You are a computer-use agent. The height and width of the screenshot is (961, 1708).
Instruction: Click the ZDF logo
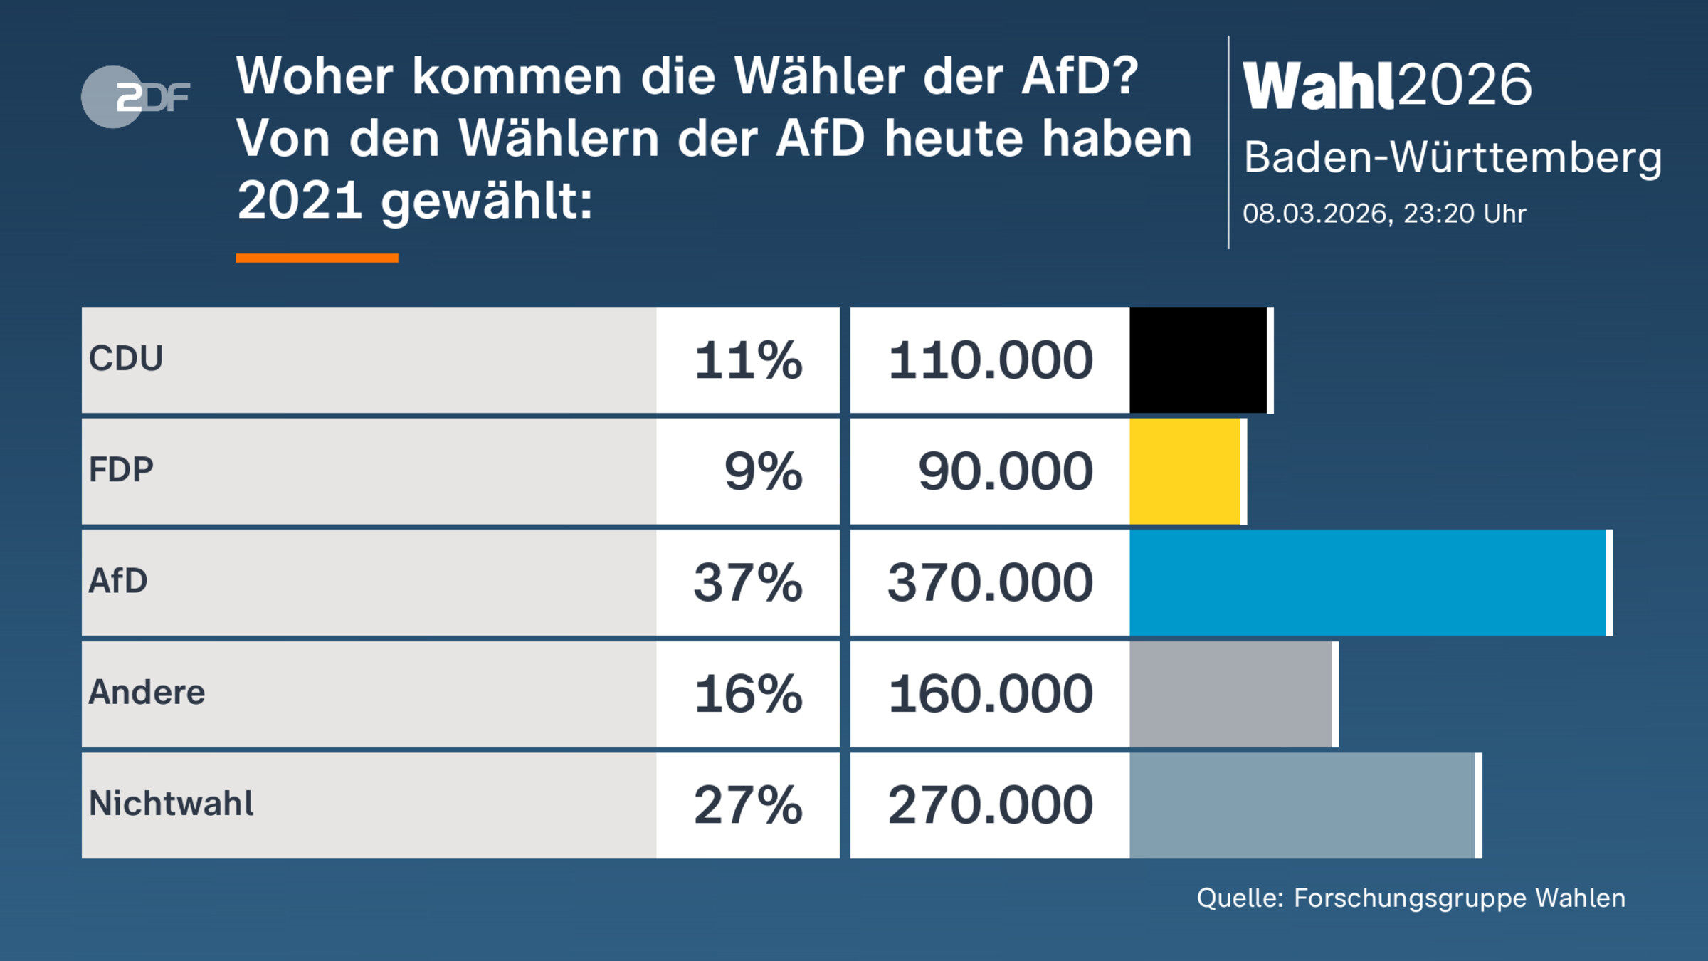tap(135, 97)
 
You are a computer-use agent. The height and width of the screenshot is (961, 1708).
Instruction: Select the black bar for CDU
tap(1198, 359)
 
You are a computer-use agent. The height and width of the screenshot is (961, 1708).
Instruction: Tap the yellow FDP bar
tap(1185, 471)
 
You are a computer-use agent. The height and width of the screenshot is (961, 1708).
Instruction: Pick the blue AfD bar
tap(1368, 582)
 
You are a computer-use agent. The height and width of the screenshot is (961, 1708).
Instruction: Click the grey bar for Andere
tap(1230, 694)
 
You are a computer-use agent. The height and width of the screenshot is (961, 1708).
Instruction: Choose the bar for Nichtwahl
tap(1302, 805)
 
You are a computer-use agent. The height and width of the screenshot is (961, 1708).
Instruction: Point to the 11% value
tap(748, 360)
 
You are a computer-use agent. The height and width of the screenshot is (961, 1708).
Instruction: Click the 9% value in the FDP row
tap(763, 471)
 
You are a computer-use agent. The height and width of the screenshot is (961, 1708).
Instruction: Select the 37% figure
tap(748, 582)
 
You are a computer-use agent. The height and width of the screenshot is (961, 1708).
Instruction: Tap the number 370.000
tap(990, 582)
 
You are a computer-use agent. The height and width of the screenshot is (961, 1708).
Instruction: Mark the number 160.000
tap(990, 694)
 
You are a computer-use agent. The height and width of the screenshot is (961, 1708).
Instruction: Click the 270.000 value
tap(990, 805)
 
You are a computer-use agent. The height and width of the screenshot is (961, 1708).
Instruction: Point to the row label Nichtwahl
tap(171, 804)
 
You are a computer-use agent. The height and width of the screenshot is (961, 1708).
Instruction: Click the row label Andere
tap(147, 693)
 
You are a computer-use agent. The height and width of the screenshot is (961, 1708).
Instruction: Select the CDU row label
tap(126, 358)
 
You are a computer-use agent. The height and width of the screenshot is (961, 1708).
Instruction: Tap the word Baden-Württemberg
tap(1453, 157)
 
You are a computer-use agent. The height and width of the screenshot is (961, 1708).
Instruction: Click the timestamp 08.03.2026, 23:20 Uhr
tap(1384, 214)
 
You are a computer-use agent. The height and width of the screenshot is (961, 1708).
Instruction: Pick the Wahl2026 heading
tap(1387, 85)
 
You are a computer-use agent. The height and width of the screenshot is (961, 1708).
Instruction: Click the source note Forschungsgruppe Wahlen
tap(1411, 898)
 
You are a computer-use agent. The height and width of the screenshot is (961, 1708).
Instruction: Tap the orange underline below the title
tap(317, 258)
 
